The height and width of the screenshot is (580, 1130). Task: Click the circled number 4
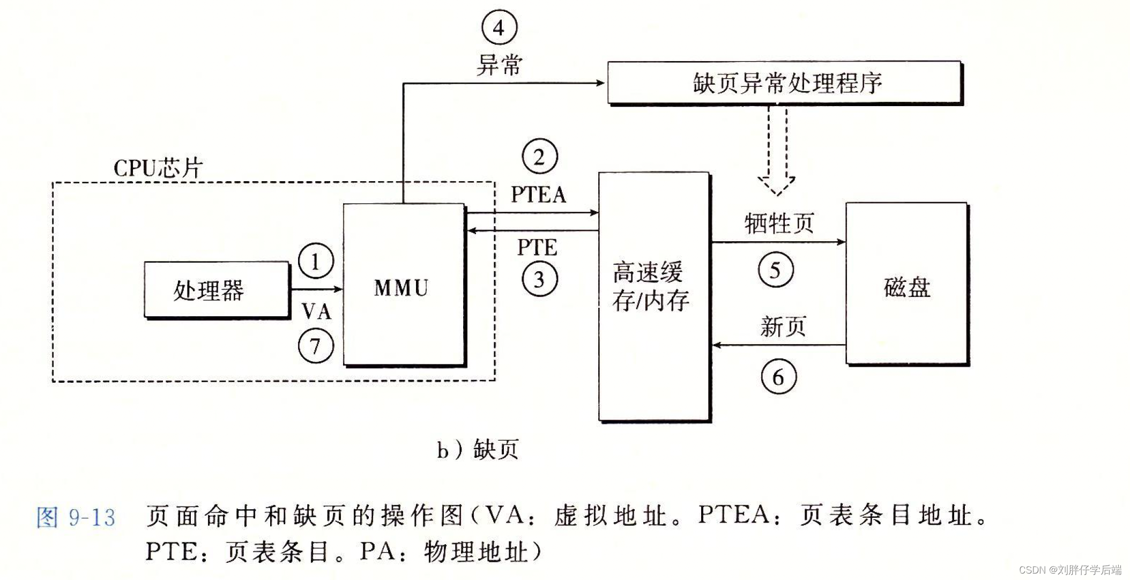[x=499, y=27]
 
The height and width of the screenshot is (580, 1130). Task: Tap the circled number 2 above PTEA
[x=539, y=157]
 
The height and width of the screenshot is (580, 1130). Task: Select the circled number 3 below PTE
[x=539, y=279]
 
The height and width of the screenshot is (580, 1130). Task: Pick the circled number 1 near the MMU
[x=316, y=261]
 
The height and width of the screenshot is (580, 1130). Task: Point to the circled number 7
[x=316, y=346]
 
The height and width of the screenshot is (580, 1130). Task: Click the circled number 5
[x=775, y=270]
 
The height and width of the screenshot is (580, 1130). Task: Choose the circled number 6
[x=778, y=377]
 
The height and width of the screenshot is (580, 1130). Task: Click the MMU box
[x=404, y=284]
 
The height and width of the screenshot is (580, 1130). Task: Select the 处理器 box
[x=217, y=290]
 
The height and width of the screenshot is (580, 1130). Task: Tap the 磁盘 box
[x=906, y=284]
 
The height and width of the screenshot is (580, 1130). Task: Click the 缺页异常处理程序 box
[x=784, y=83]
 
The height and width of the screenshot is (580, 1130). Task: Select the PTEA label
[x=538, y=195]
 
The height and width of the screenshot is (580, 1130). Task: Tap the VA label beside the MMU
[x=316, y=311]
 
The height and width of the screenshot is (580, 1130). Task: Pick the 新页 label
[x=783, y=326]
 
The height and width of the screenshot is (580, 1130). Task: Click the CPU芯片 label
[x=158, y=168]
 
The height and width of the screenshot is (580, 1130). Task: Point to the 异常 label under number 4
[x=499, y=65]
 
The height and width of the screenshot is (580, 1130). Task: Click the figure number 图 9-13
[x=76, y=517]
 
